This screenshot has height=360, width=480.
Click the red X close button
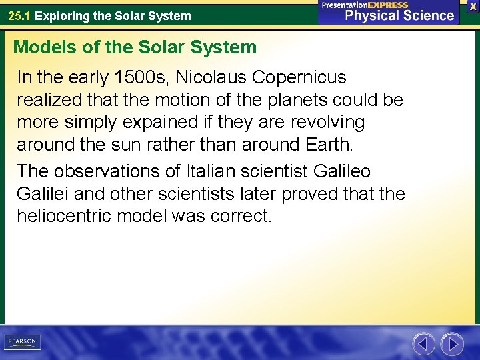pyautogui.click(x=473, y=5)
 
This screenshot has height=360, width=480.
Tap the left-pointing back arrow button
pyautogui.click(x=423, y=343)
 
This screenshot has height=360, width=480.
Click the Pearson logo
pyautogui.click(x=21, y=342)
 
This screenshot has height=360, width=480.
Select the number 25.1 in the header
pyautogui.click(x=19, y=15)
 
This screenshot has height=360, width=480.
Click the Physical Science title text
pyautogui.click(x=399, y=15)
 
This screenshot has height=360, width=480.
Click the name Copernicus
pyautogui.click(x=300, y=77)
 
